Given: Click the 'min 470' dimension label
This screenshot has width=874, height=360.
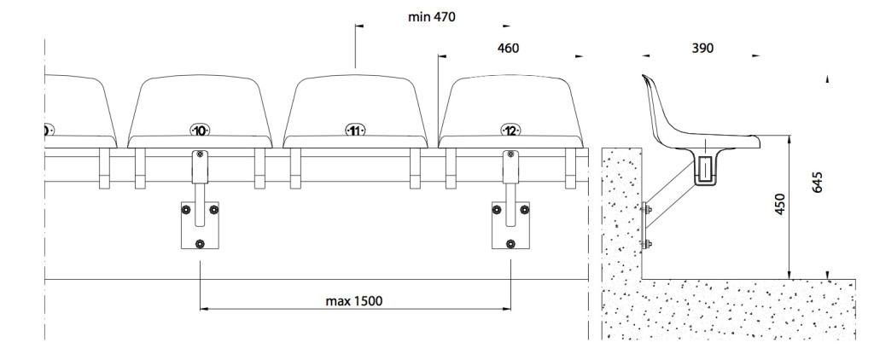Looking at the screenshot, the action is (431, 17).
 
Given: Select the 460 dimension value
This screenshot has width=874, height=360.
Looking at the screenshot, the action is (508, 49).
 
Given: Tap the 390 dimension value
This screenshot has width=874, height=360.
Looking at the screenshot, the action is (702, 49).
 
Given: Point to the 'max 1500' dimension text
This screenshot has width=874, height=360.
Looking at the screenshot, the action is (354, 301).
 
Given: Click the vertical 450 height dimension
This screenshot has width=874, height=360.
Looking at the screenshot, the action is (780, 204).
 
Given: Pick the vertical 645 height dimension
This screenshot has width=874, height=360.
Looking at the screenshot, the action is (818, 183).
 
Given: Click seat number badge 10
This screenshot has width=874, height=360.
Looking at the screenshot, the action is (200, 131).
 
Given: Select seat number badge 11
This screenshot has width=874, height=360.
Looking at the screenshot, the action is (355, 131).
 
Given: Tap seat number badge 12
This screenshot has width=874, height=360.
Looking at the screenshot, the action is (510, 131).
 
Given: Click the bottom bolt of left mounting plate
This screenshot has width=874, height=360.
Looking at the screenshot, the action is (200, 243).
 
